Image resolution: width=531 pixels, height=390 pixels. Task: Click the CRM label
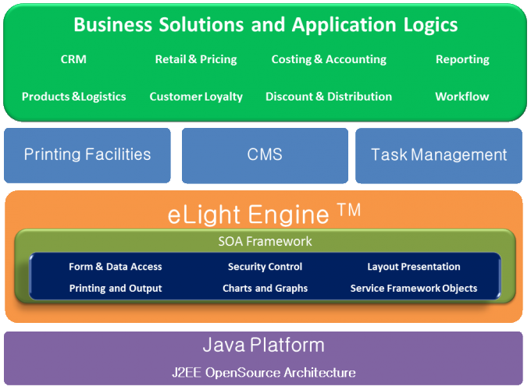coord(73,59)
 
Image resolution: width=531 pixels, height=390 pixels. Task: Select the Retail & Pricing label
coord(196,59)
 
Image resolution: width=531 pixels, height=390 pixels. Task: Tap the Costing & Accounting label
coord(329,59)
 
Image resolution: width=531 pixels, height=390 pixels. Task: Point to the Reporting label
coord(462,59)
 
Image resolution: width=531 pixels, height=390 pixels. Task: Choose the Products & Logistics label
coord(74,97)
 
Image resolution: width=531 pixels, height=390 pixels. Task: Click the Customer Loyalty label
coord(196,97)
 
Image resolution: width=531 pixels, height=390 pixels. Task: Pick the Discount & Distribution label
coord(329,97)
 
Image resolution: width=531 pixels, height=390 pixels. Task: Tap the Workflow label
coord(462,97)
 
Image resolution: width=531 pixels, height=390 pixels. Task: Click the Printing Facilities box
coord(87,155)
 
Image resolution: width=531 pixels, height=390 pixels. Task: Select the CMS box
coord(265,155)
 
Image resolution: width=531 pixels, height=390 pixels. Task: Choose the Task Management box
coord(439,155)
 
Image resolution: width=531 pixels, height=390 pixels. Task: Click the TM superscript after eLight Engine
coord(349,210)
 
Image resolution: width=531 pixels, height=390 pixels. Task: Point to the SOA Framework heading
coord(265,241)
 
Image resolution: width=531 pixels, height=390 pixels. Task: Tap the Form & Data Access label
coord(116,267)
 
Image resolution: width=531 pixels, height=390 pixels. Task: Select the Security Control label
coord(265,267)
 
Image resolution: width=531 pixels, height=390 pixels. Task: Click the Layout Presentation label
coord(414,267)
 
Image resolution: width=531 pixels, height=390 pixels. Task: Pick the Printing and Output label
coord(116,288)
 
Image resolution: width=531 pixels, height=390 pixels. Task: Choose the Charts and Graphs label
coord(265,288)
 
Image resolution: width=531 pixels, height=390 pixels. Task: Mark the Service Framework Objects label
coord(414,288)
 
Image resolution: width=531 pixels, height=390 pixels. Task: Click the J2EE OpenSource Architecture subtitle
coord(264,372)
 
